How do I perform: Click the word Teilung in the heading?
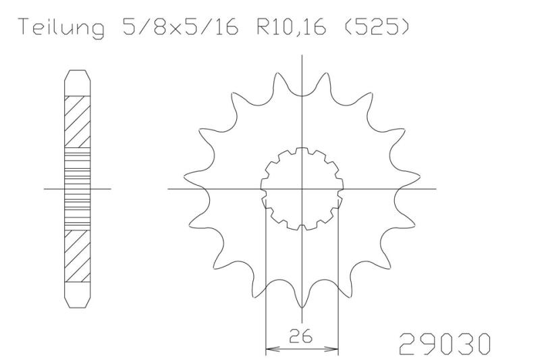click(61, 29)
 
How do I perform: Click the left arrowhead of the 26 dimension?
click(269, 350)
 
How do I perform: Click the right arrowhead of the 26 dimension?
click(333, 350)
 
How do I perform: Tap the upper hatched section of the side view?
click(77, 122)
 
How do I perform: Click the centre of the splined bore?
click(302, 188)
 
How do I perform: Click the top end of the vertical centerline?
click(302, 55)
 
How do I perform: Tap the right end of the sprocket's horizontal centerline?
click(435, 188)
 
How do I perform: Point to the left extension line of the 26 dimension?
click(266, 284)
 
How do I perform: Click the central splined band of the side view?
click(77, 188)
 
